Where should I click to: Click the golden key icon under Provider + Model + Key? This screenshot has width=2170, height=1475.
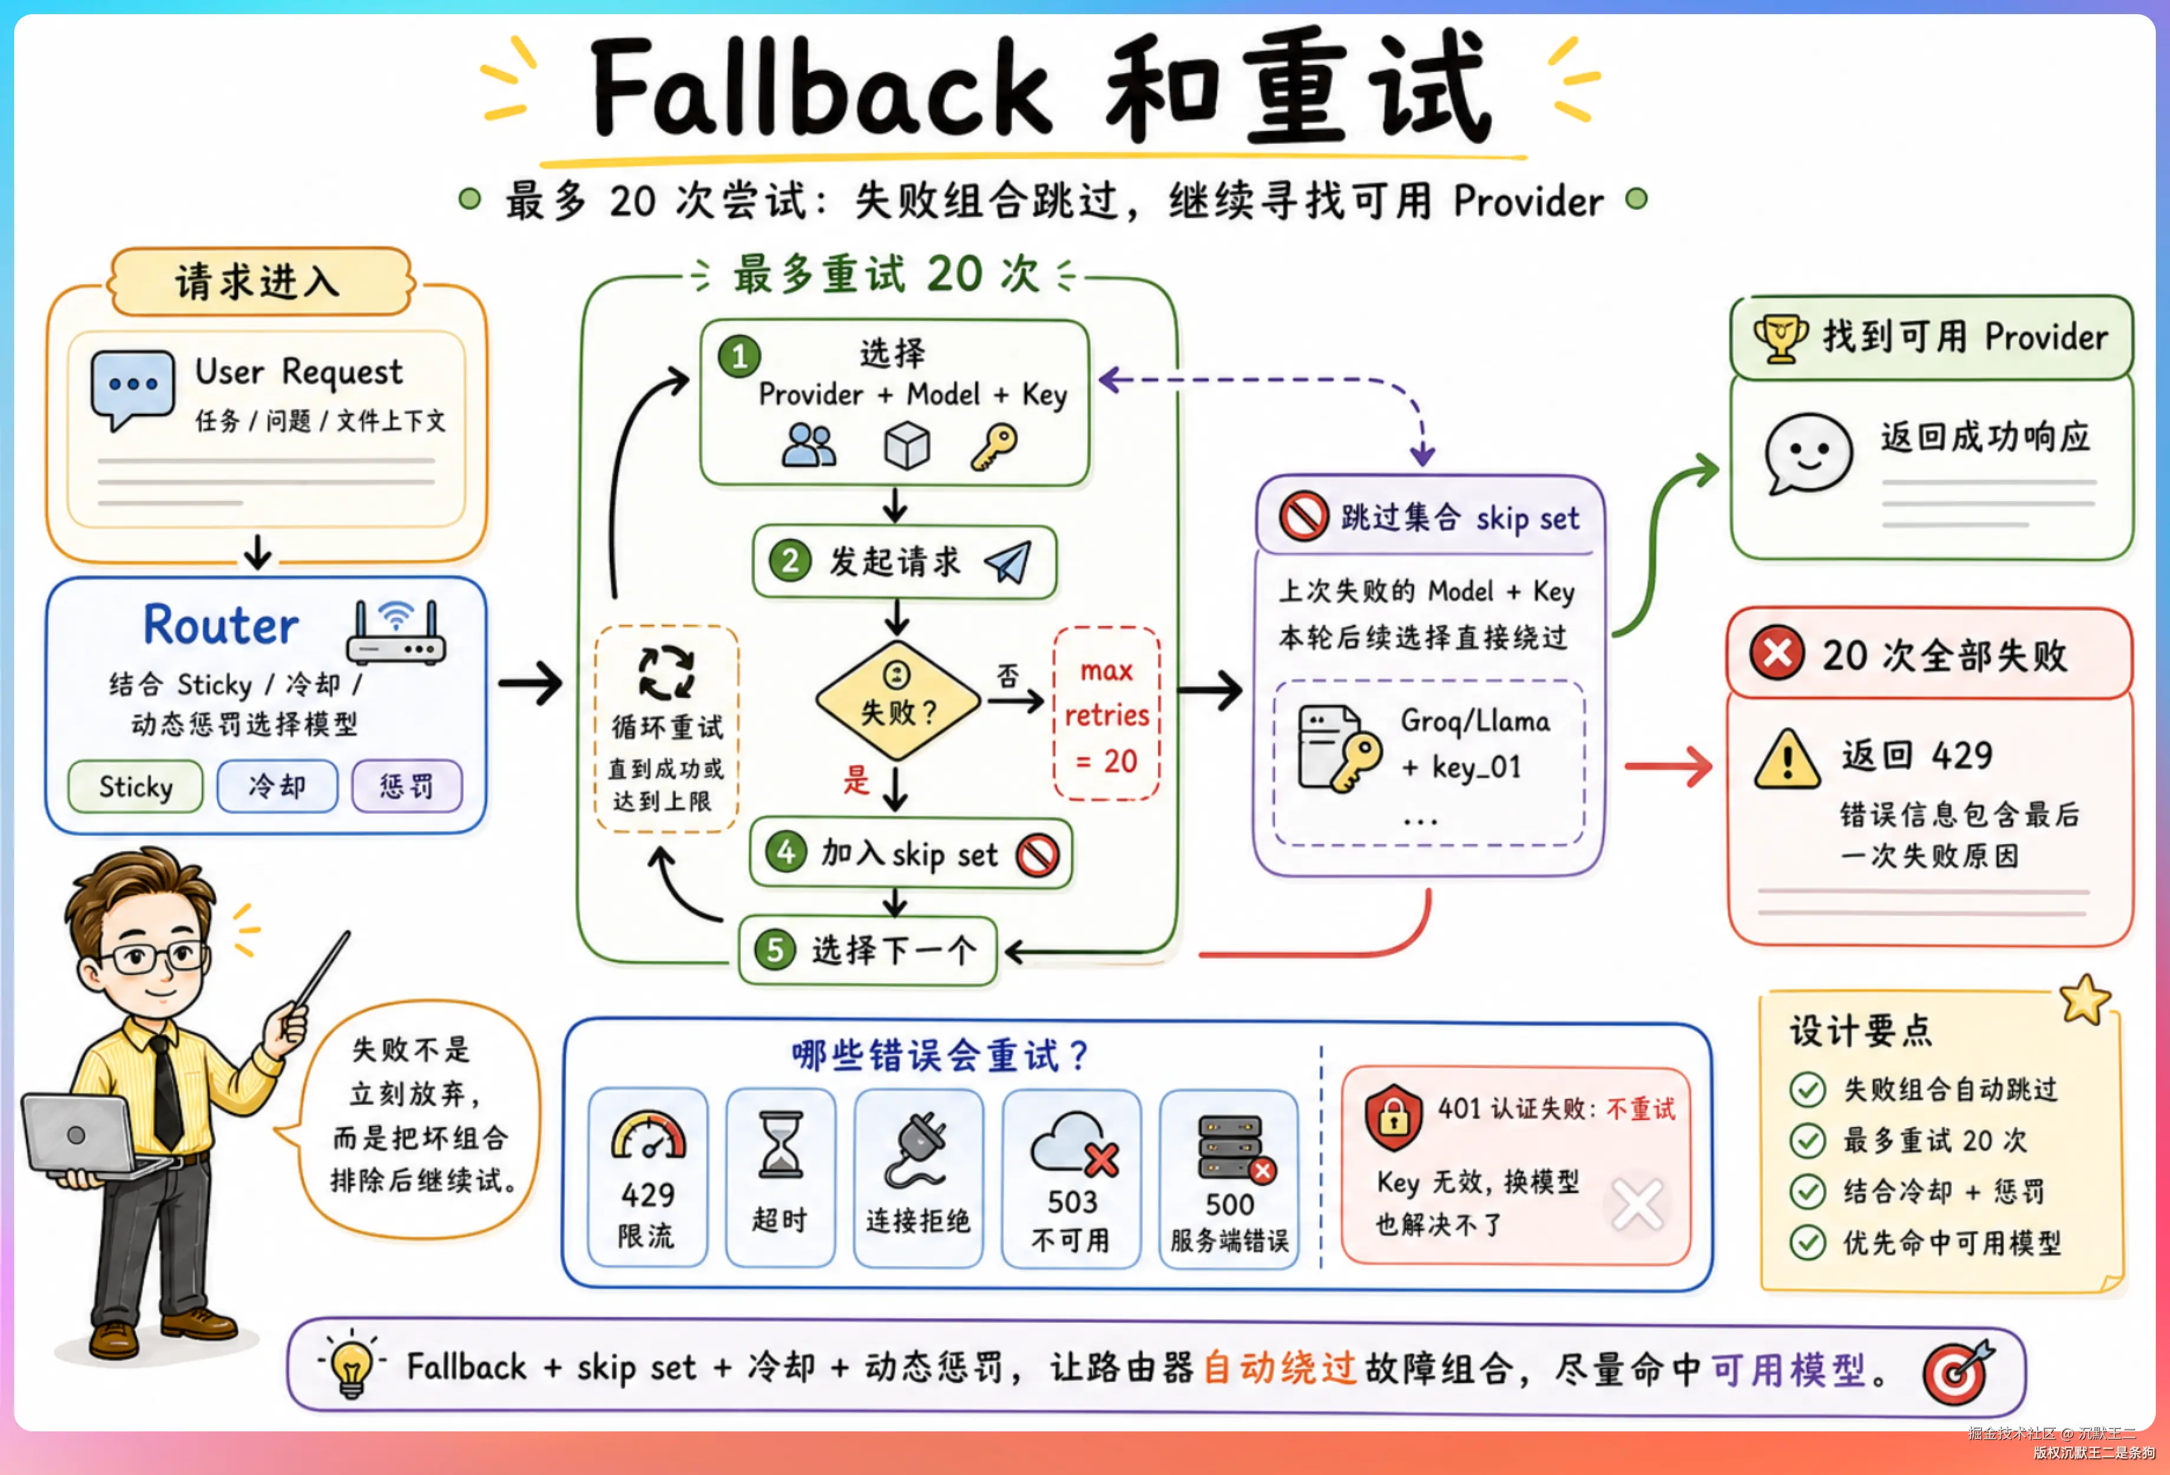pyautogui.click(x=994, y=446)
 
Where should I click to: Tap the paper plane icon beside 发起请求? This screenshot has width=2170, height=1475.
pyautogui.click(x=1008, y=562)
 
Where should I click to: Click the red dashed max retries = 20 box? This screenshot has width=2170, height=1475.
pyautogui.click(x=1106, y=714)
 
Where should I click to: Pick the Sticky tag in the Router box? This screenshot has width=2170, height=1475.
pyautogui.click(x=136, y=786)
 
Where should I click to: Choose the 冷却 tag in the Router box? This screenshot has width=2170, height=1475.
pyautogui.click(x=277, y=786)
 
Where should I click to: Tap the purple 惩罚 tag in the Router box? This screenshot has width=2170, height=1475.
pyautogui.click(x=407, y=786)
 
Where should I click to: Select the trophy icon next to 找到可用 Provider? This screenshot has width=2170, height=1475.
pyautogui.click(x=1781, y=338)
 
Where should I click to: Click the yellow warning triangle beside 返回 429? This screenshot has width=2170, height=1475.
pyautogui.click(x=1786, y=759)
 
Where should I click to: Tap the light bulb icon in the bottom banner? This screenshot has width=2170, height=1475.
pyautogui.click(x=352, y=1366)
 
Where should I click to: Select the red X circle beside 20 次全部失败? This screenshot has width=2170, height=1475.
pyautogui.click(x=1777, y=653)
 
